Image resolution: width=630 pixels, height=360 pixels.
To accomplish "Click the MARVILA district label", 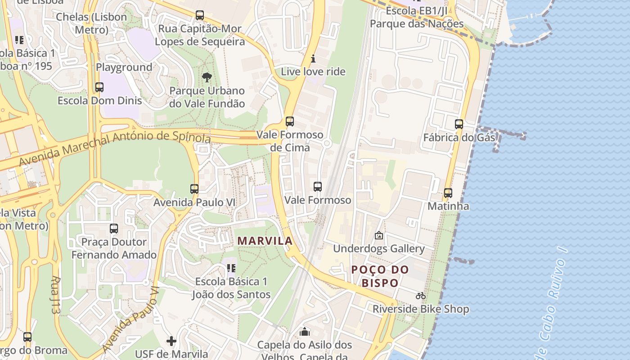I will (x=265, y=241).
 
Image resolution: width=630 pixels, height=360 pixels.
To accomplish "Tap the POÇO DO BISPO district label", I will (x=380, y=276).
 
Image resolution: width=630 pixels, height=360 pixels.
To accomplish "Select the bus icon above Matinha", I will (x=448, y=193).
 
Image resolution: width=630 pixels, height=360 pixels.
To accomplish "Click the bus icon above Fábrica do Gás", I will (x=459, y=124).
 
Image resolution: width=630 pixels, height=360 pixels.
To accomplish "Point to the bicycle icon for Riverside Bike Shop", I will (x=421, y=296).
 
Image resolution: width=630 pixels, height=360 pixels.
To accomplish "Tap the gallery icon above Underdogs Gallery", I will (x=379, y=235).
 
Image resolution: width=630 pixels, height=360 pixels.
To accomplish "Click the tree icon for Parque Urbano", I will (x=207, y=77).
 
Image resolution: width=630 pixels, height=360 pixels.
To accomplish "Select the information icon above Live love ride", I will (x=314, y=58).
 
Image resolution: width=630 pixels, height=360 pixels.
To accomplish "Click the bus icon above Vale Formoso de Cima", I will (x=290, y=121).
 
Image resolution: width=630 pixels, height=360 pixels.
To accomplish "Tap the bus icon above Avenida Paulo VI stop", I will (x=194, y=189).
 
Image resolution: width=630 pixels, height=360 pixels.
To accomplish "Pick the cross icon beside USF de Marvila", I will (x=171, y=341).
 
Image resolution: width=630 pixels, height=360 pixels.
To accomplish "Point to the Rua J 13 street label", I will (x=55, y=295).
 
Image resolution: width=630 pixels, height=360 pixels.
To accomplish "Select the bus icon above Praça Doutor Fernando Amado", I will (x=114, y=229).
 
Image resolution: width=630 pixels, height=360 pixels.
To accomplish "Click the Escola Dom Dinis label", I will (x=99, y=100).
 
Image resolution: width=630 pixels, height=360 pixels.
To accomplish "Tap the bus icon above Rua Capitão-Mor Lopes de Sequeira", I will (x=200, y=15).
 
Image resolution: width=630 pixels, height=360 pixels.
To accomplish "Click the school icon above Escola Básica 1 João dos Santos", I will (x=231, y=269).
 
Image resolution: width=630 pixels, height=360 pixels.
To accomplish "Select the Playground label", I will (x=124, y=67).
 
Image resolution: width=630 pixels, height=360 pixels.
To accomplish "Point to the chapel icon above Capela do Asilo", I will (x=305, y=332).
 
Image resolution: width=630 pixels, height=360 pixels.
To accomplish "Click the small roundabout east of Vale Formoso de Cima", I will (x=327, y=143).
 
